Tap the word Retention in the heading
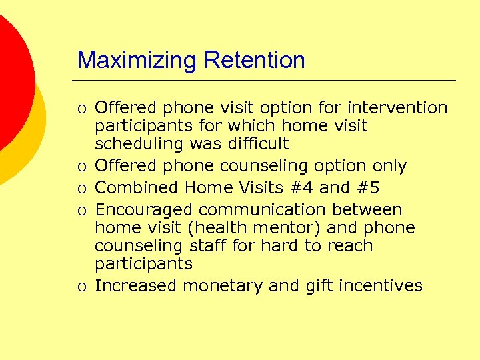[x=255, y=60]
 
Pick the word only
[x=388, y=166]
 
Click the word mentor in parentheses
[x=290, y=228]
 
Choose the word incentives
[x=381, y=286]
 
